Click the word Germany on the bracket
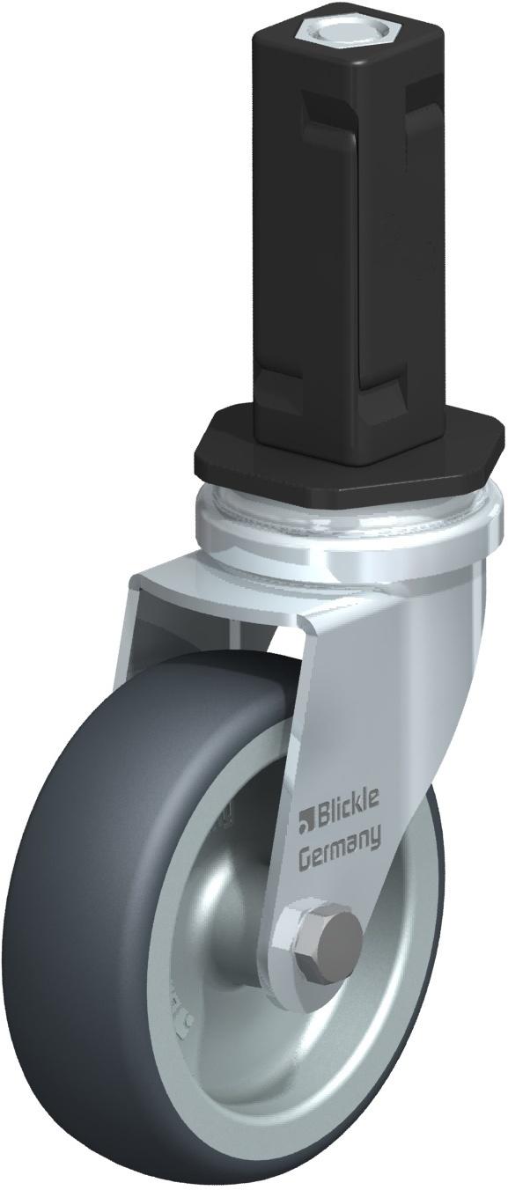point(340,841)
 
